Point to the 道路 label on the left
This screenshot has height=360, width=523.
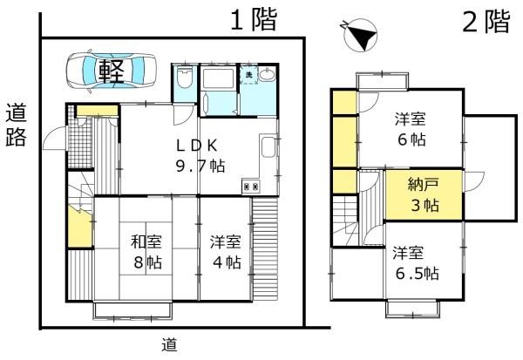(x=16, y=126)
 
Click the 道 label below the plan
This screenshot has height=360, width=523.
(x=171, y=343)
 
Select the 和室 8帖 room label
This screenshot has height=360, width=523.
(x=146, y=250)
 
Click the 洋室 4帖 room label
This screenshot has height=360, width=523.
(x=225, y=250)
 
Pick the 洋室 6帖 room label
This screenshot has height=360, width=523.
(x=411, y=130)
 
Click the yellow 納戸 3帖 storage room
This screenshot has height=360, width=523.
(x=425, y=195)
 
